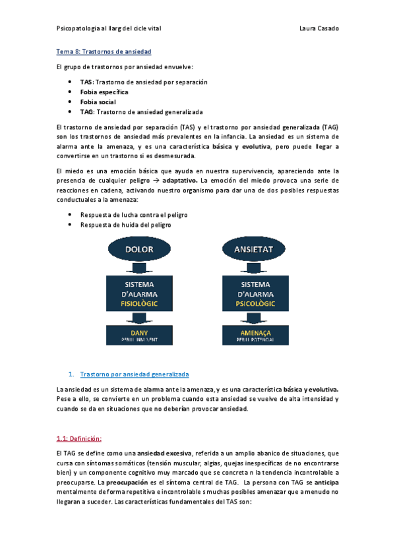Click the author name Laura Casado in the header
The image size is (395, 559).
point(319,29)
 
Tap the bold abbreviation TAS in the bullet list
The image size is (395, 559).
point(86,82)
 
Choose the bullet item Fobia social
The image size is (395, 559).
point(98,102)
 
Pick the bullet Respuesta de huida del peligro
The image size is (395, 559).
point(125,225)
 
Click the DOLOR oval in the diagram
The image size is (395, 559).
point(139,249)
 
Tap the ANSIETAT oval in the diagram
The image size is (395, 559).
point(254,249)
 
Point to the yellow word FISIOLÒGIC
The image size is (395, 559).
point(139,304)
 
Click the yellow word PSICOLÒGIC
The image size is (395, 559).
point(255,304)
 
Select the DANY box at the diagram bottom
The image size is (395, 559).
point(139,336)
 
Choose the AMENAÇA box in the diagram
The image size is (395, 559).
point(255,336)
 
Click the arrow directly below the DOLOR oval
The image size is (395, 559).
point(139,267)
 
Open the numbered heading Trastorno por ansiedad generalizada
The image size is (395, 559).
point(134,373)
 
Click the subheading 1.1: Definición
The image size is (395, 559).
point(79,438)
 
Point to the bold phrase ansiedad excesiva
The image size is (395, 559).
point(164,454)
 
